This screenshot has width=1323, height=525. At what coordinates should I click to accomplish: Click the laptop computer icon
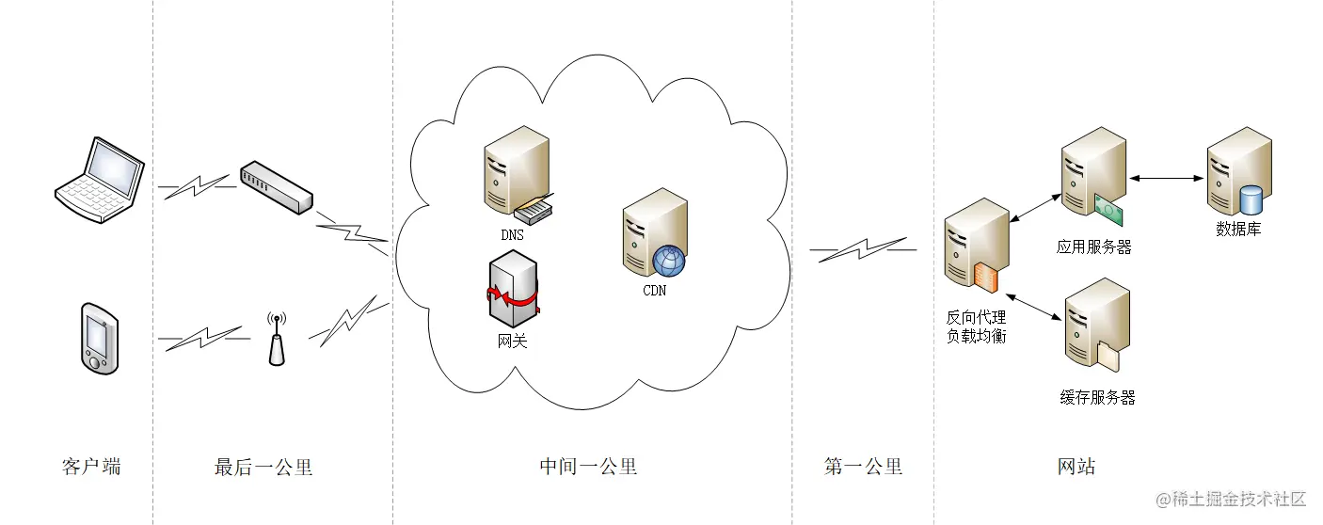click(99, 180)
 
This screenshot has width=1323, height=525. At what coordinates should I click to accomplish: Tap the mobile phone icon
click(97, 338)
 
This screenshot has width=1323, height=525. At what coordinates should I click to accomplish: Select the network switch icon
click(276, 186)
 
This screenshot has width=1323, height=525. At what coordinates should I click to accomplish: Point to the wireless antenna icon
click(276, 340)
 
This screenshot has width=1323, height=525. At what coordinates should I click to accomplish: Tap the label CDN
click(654, 290)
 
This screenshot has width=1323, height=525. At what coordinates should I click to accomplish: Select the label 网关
click(513, 342)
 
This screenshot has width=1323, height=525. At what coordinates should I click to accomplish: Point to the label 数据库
click(1238, 229)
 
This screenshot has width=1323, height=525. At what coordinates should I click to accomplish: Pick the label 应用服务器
click(1093, 247)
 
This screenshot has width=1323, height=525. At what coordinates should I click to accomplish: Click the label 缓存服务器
click(1097, 398)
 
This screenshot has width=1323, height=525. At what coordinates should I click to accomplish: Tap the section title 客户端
click(91, 467)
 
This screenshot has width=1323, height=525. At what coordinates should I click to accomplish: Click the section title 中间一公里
click(588, 467)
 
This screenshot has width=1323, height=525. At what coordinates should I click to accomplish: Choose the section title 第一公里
click(863, 467)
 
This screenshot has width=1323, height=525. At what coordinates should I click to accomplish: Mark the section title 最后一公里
click(263, 467)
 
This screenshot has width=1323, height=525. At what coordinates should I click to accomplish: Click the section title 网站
click(1076, 467)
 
